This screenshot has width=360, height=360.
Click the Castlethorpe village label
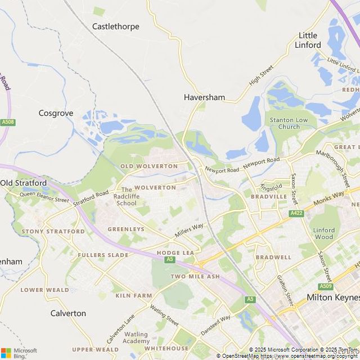[115, 26]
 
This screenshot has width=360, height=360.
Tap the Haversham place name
[204, 97]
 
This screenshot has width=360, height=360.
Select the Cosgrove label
[56, 113]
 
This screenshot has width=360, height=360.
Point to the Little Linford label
[309, 40]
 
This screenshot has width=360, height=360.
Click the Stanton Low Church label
[289, 123]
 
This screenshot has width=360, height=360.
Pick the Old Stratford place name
[24, 183]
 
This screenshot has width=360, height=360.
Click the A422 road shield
[296, 214]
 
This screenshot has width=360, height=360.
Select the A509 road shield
[325, 286]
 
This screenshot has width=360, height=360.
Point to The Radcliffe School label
[126, 196]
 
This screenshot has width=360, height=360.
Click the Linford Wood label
[324, 233]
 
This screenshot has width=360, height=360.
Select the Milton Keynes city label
[332, 297]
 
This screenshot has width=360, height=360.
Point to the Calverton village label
[68, 313]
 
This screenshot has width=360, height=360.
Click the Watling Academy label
[136, 338]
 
